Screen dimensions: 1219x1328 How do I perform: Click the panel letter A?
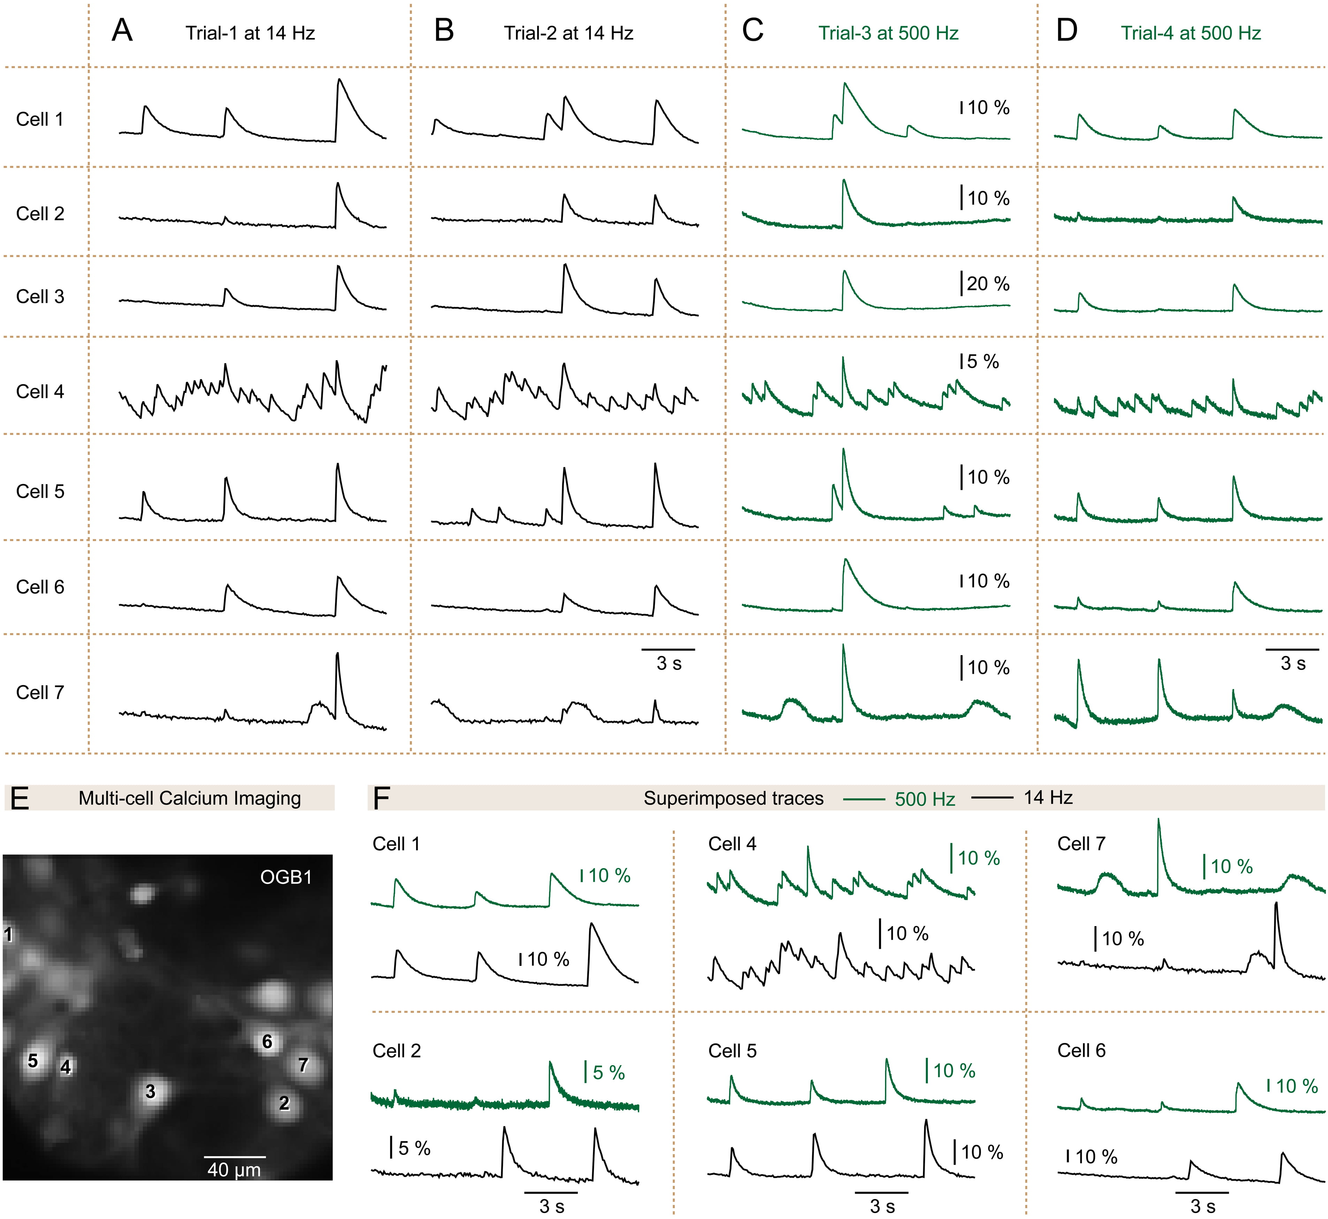122,31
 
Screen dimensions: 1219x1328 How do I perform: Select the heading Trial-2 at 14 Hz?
568,33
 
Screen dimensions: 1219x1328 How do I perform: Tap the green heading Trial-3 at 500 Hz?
888,33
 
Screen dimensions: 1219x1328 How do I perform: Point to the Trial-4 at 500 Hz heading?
1191,33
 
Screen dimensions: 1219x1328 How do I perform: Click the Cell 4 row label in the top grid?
40,391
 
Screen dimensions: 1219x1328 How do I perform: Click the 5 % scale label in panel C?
983,362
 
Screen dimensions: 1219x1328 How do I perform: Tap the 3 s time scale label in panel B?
669,663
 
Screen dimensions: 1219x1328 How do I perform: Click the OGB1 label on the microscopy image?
285,877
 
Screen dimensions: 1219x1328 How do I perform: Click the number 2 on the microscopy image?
284,1103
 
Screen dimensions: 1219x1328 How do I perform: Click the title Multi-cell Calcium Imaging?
190,798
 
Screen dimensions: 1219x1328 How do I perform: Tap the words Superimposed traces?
733,798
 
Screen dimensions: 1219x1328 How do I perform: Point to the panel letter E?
20,798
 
